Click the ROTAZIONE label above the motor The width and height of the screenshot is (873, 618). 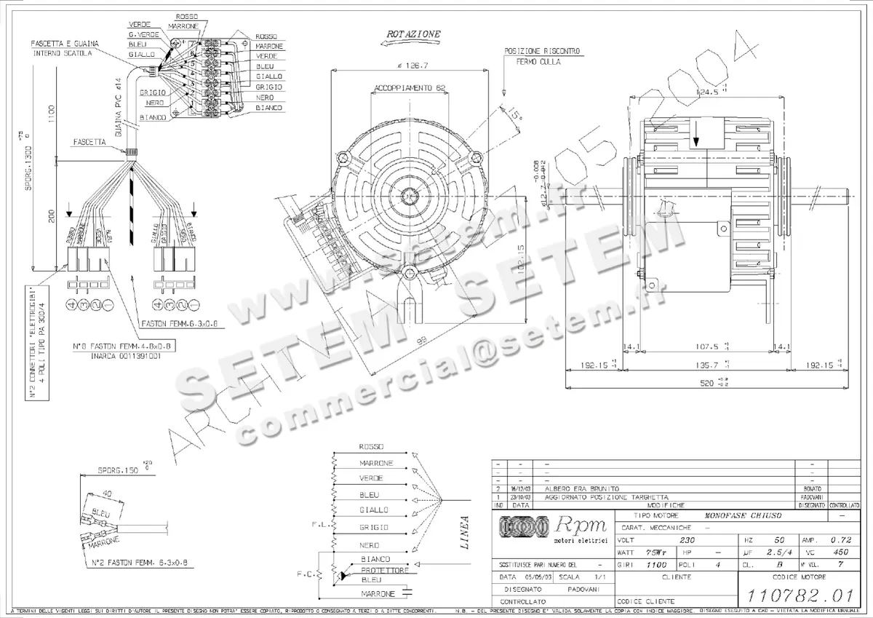[413, 34]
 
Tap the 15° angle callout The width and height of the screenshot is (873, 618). [515, 115]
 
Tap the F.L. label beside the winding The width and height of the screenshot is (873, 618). [318, 523]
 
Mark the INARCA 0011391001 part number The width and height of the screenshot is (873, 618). [126, 357]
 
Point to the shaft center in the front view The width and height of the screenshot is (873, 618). [409, 197]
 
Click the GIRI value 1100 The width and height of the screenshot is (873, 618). [656, 564]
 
